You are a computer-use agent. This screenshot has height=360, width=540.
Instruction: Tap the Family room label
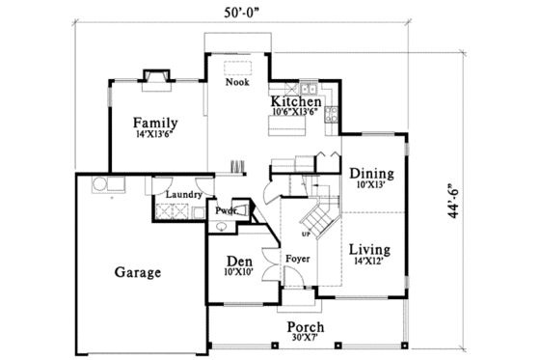pos(156,123)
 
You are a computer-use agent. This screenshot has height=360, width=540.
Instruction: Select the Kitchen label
pos(295,101)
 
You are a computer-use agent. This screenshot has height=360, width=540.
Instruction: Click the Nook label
pos(237,83)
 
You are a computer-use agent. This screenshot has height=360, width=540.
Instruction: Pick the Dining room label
pos(371,173)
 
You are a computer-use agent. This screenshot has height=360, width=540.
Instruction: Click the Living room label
pos(371,247)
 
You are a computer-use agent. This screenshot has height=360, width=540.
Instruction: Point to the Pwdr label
pos(226,210)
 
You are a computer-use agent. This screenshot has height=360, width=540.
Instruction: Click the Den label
pos(238,262)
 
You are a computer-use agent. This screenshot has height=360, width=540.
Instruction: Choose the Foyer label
pos(296,260)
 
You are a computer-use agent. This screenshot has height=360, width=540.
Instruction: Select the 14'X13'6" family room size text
pos(156,136)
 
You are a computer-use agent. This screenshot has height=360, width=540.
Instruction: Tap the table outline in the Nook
pos(237,69)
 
